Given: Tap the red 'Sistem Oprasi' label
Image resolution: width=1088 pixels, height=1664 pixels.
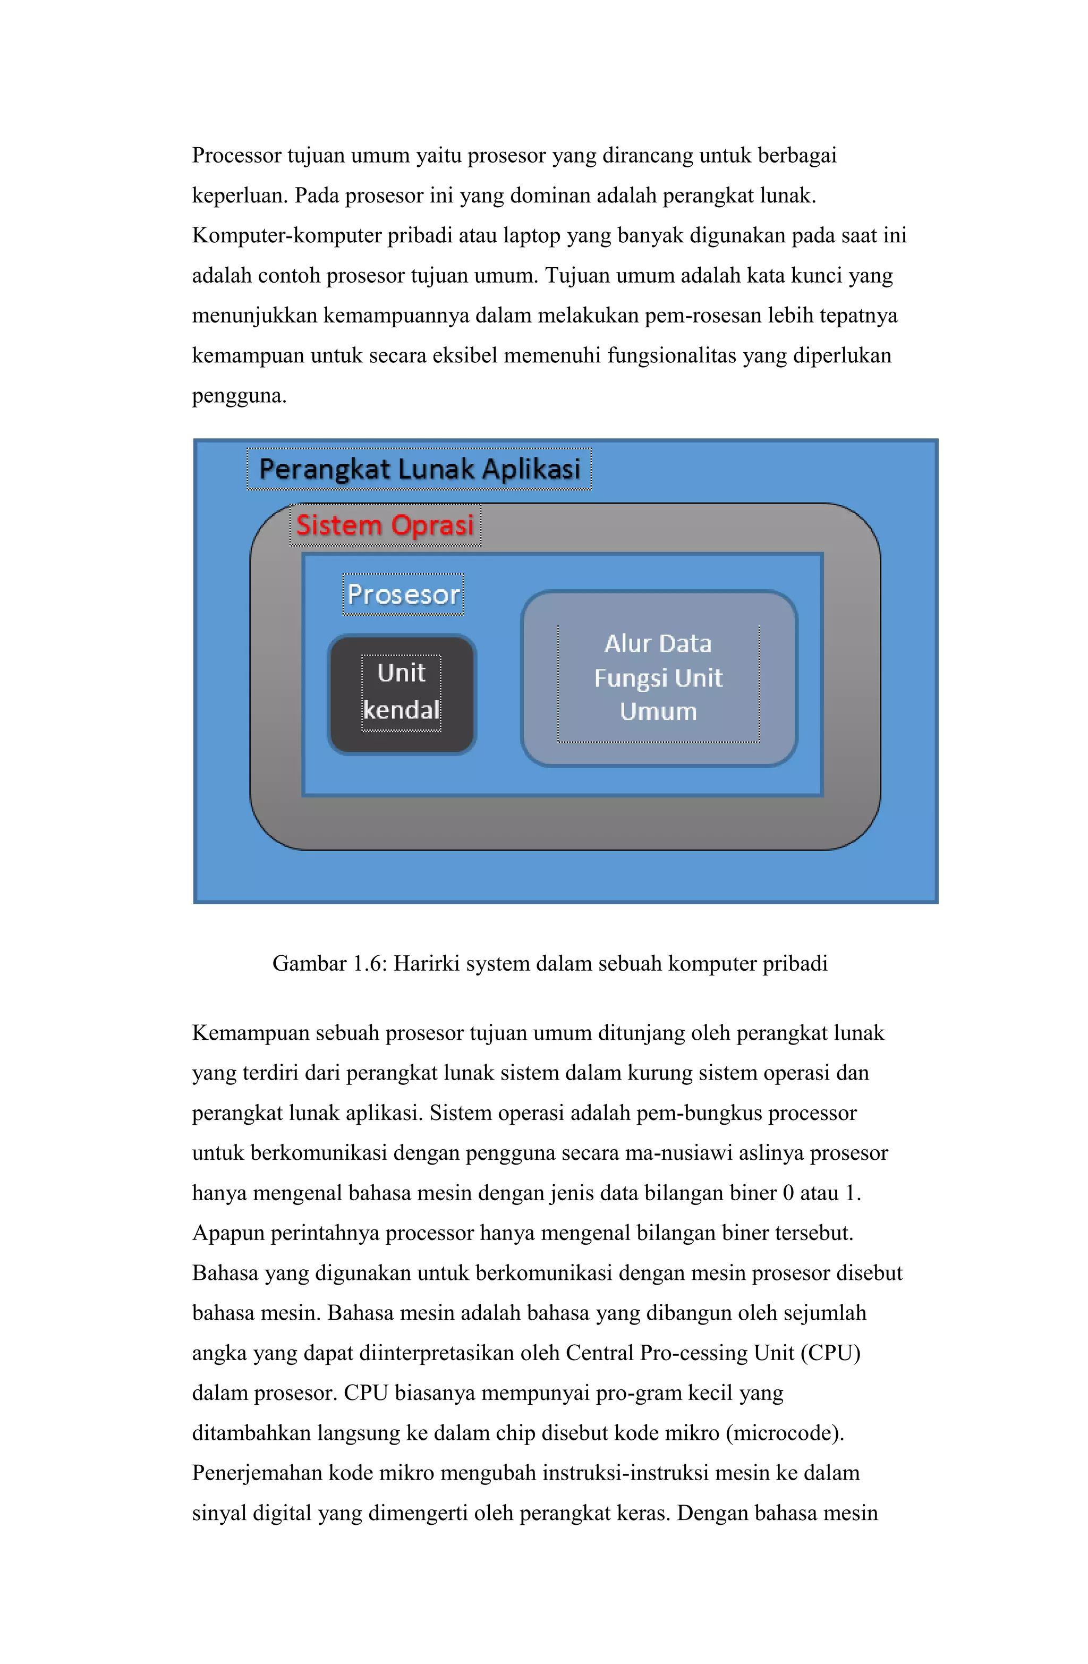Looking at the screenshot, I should point(385,525).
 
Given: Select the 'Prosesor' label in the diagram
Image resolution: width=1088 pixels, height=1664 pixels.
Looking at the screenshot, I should point(403,595).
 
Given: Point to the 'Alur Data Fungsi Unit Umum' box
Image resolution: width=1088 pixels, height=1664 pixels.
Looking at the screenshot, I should point(658,677).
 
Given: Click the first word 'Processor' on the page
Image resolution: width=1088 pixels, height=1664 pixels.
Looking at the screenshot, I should point(236,155).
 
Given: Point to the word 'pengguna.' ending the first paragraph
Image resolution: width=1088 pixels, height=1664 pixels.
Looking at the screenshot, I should point(239,396).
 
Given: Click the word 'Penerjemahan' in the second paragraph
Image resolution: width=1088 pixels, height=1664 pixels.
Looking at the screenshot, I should point(257,1474).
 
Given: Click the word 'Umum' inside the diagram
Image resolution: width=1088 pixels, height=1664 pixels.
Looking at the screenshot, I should point(658,712).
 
